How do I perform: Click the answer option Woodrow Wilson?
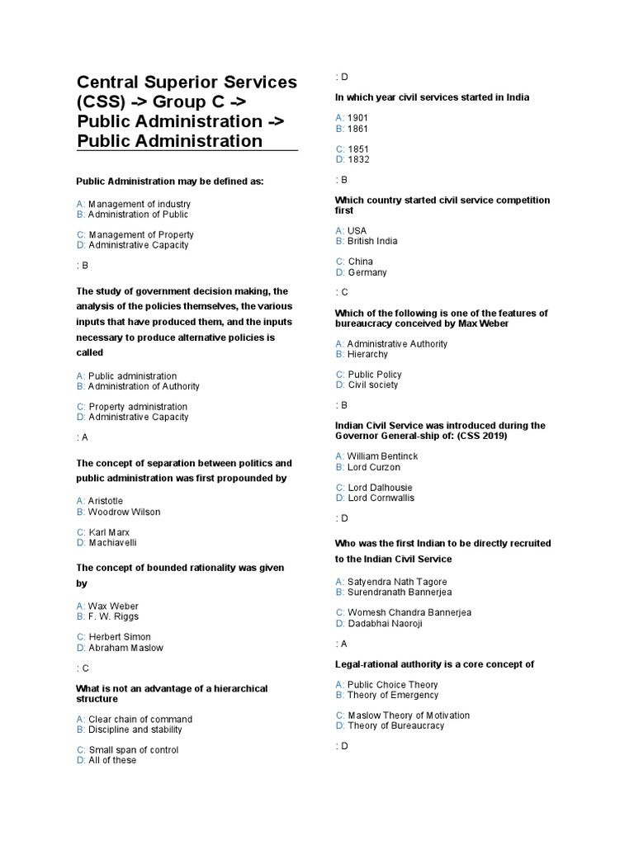(124, 512)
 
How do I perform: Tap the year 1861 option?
(357, 129)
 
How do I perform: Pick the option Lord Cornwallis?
(381, 498)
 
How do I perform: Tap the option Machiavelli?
(112, 543)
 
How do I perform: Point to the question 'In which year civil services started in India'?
(432, 97)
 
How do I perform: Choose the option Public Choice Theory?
(392, 685)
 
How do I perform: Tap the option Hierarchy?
(367, 354)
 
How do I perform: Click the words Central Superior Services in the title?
(187, 83)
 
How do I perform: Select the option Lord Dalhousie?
(380, 488)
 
